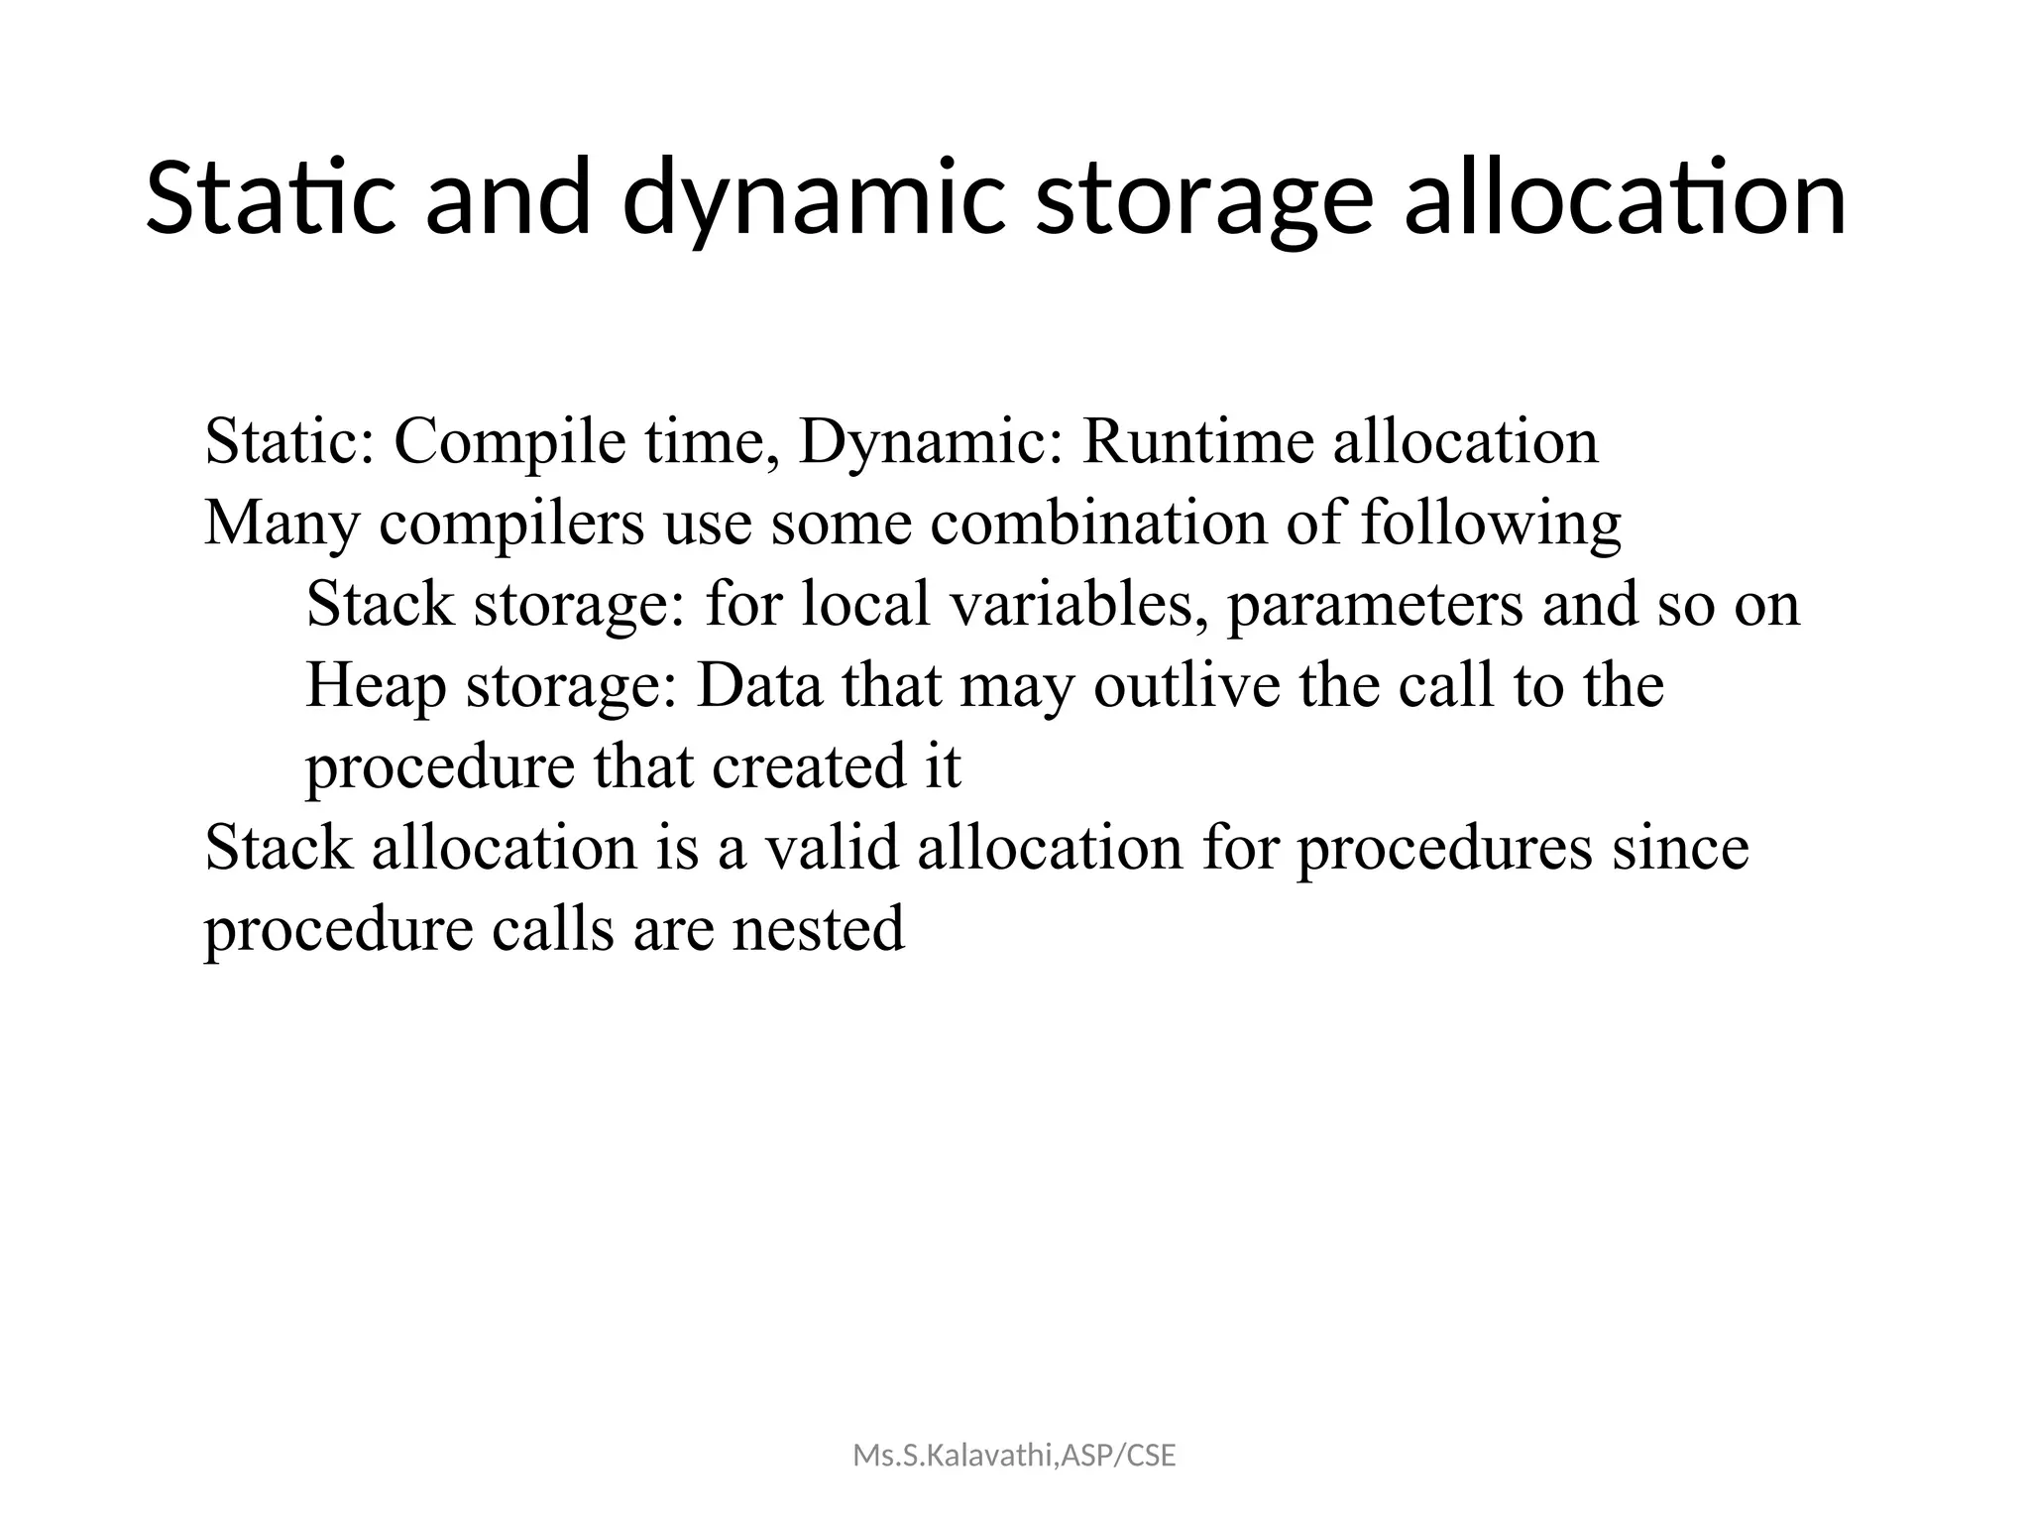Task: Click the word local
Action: (865, 604)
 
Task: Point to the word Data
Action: (759, 685)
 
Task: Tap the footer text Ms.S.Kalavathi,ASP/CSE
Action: (1014, 1457)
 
